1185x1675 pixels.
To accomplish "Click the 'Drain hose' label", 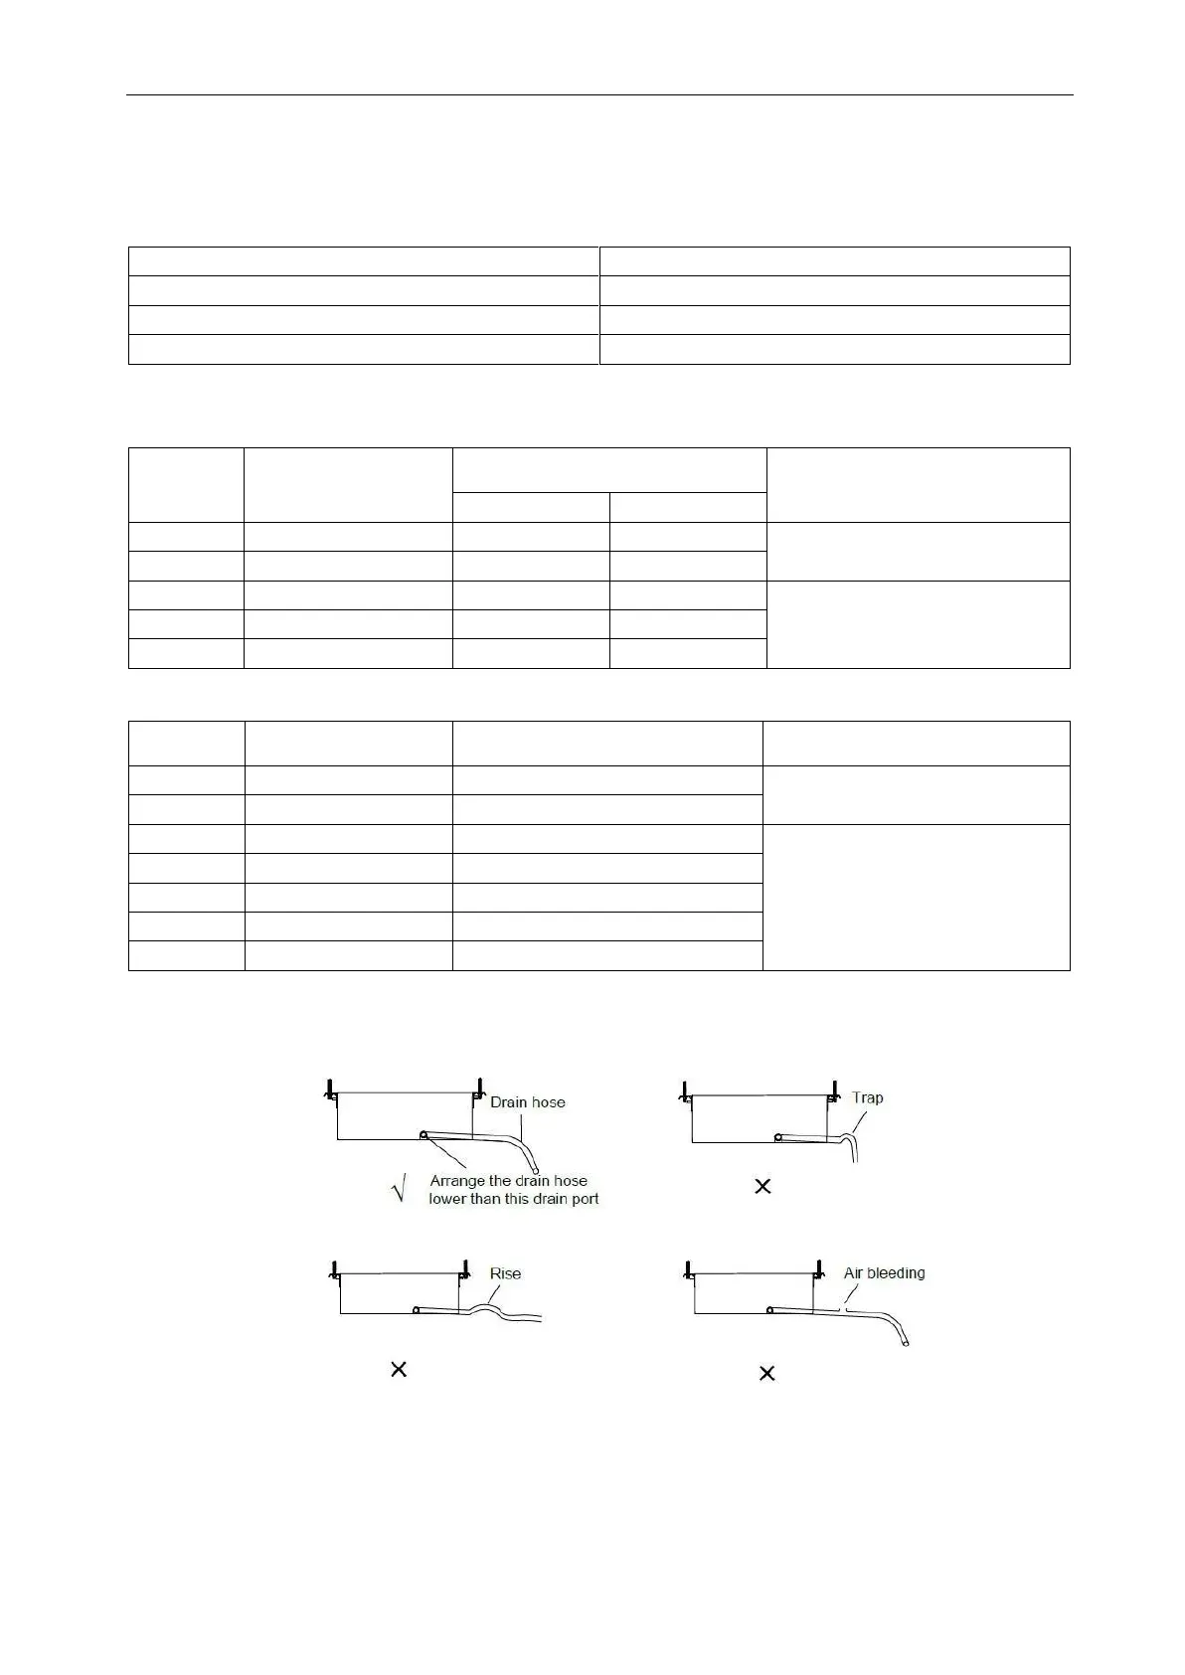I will tap(527, 1102).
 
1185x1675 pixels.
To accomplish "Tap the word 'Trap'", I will tap(867, 1097).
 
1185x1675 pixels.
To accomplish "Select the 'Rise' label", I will tap(505, 1273).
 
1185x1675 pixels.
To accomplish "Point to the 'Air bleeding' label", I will tap(884, 1272).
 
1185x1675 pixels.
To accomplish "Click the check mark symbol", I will tap(399, 1188).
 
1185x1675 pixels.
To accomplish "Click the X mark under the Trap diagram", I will tap(762, 1186).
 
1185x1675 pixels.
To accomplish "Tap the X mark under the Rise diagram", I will tap(399, 1370).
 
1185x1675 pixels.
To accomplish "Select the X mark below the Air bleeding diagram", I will tap(766, 1373).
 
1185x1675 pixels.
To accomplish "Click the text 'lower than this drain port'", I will tap(513, 1199).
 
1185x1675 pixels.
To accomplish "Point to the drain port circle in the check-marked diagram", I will tap(424, 1134).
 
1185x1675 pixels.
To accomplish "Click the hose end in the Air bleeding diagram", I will tap(906, 1343).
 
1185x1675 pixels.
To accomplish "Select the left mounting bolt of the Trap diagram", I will tap(685, 1090).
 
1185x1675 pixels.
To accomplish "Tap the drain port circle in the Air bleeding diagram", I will tap(769, 1310).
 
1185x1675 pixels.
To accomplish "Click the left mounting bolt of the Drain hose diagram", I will tap(328, 1089).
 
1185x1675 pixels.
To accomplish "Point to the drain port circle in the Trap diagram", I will tap(780, 1135).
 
